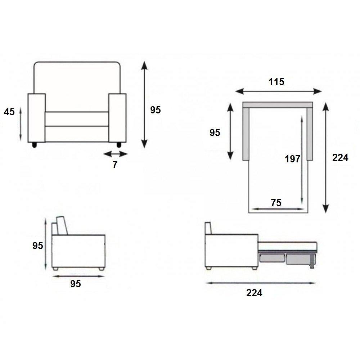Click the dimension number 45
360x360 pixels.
[x=9, y=112]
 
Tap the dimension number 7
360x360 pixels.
[x=115, y=165]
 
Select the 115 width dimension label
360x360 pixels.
[x=276, y=82]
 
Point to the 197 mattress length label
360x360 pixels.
[x=292, y=159]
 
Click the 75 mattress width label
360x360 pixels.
[x=276, y=203]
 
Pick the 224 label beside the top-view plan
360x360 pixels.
[x=340, y=158]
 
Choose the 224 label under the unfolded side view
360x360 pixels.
[x=254, y=293]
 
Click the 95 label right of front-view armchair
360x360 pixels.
[x=156, y=110]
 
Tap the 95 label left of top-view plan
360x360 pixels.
[x=215, y=132]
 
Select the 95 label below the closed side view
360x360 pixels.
[x=76, y=284]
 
